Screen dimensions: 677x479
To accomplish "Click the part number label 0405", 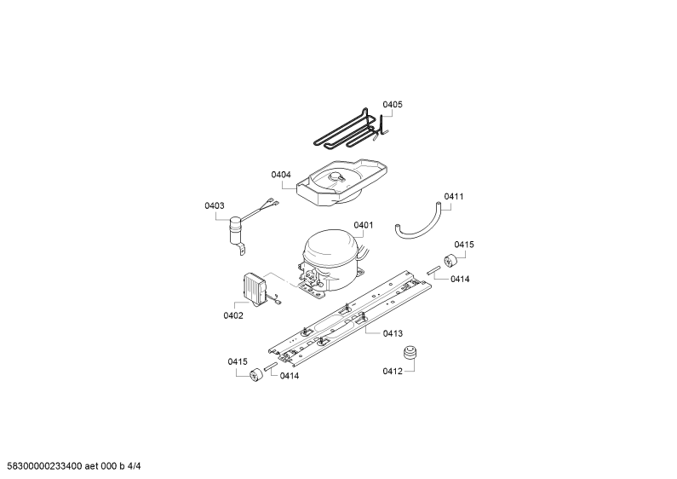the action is [392, 105].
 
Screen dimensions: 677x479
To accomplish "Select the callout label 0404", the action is [281, 175].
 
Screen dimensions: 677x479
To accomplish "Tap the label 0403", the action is [214, 205].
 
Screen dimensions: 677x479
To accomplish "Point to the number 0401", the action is [363, 225].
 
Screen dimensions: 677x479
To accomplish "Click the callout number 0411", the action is [453, 197].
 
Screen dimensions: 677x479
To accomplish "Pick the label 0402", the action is [233, 316].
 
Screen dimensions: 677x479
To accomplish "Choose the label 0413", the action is [393, 334].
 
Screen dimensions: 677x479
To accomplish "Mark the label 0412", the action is [392, 372].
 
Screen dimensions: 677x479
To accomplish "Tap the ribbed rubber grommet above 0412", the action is [410, 352].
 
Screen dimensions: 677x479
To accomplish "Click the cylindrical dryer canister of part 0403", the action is [235, 229].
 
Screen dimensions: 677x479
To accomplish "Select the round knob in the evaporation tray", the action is [336, 176].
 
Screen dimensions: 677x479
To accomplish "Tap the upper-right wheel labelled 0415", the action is [450, 261].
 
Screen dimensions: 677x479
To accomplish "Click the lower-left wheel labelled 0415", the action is [256, 374].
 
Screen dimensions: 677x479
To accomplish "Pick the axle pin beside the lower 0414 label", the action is [270, 366].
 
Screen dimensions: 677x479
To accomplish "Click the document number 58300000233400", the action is [42, 466].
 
